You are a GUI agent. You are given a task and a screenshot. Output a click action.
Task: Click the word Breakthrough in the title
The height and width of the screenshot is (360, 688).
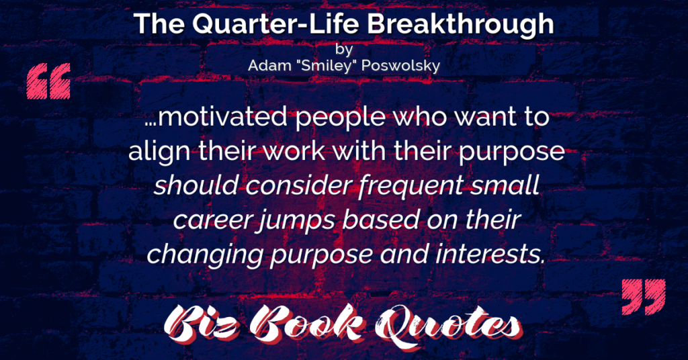click(460, 24)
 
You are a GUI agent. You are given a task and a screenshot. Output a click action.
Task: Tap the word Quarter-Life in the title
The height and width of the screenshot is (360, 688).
click(275, 25)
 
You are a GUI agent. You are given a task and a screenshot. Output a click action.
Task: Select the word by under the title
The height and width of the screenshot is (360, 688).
click(344, 49)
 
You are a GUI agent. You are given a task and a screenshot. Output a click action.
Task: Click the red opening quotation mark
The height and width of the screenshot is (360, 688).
click(48, 81)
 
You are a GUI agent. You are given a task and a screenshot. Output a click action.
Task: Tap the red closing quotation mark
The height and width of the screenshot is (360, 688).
click(644, 297)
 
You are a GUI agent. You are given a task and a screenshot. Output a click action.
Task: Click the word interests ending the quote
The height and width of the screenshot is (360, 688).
click(490, 255)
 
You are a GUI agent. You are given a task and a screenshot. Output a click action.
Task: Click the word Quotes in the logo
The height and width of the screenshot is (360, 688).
click(447, 325)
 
